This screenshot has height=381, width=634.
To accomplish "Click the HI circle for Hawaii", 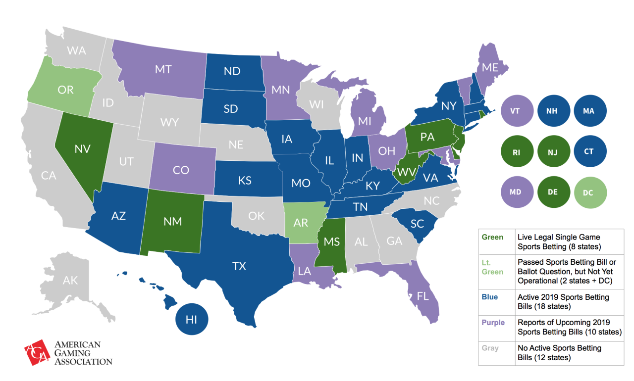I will tap(192, 320).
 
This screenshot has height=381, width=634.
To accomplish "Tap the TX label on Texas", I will tap(239, 266).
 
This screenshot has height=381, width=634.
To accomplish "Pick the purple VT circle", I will tap(515, 111).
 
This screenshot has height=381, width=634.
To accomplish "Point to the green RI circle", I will tap(515, 152).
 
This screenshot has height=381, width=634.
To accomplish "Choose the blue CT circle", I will tap(588, 152).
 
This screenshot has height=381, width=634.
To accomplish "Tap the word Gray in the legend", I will tap(490, 348).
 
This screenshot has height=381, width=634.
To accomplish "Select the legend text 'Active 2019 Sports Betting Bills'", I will tap(563, 302).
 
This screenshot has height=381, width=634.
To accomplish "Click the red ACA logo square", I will tap(37, 352).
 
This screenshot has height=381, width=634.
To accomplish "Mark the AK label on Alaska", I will tap(70, 280).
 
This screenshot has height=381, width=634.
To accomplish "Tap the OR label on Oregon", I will tap(65, 90).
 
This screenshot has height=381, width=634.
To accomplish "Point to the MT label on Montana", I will tap(163, 70).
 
